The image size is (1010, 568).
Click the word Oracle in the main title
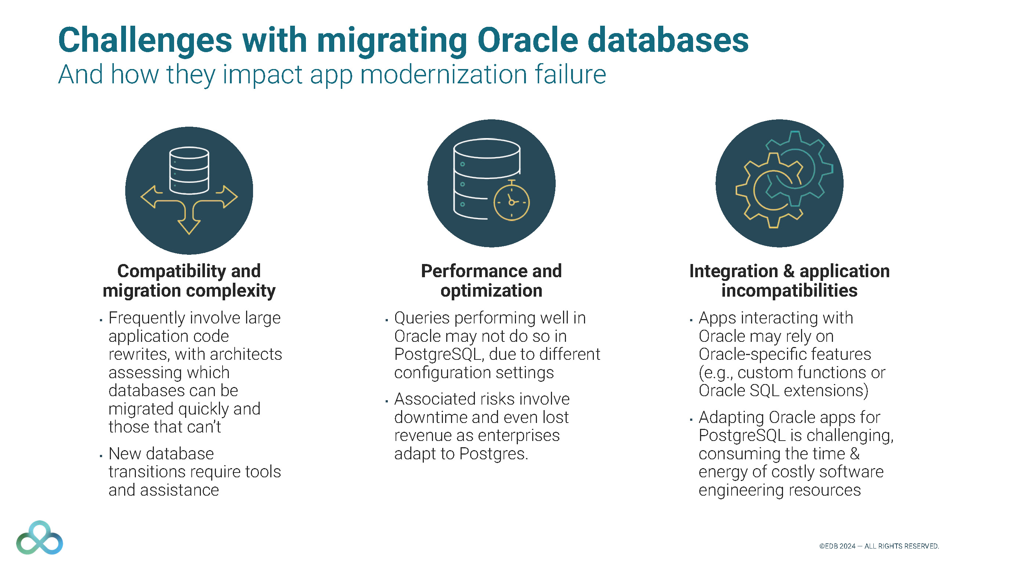[527, 40]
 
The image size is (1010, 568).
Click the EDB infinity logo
[40, 538]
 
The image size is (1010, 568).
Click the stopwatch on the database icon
[511, 201]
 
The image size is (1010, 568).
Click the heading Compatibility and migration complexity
[189, 281]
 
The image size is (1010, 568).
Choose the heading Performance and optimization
[491, 281]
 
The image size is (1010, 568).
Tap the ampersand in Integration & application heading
[789, 271]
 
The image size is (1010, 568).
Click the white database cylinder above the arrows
[189, 170]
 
